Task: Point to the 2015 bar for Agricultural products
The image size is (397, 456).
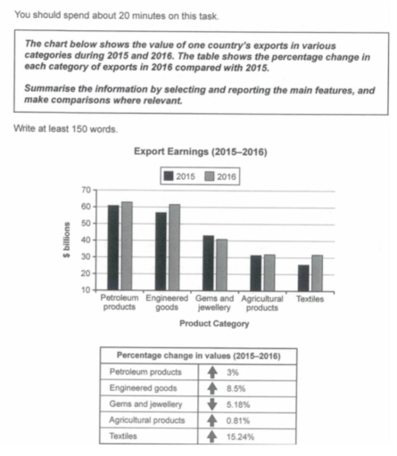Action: [256, 273]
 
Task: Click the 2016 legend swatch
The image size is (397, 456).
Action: [211, 176]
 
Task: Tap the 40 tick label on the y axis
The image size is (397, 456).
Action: [87, 240]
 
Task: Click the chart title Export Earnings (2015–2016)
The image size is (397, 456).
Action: [198, 152]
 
